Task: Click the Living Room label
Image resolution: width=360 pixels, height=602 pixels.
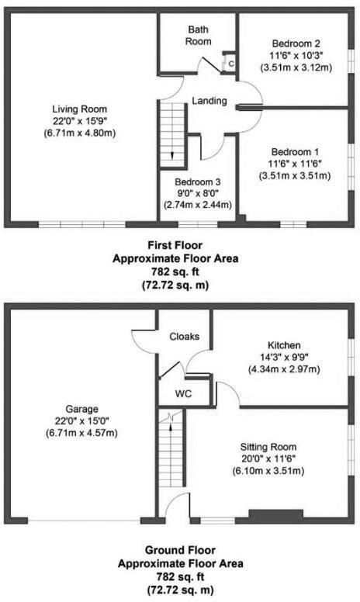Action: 79,109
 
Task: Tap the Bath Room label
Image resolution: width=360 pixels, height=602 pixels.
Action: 198,35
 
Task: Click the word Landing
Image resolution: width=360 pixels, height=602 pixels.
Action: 209,101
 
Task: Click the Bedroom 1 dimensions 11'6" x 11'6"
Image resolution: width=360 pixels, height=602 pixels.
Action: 295,164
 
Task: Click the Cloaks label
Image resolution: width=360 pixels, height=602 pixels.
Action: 185,337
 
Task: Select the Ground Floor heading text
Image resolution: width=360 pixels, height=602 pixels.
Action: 179,552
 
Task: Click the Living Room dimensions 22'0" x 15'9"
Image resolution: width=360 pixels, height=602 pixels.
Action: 79,121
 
